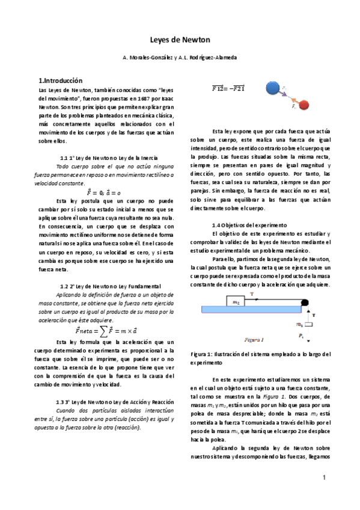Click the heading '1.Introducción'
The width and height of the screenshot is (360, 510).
click(60, 80)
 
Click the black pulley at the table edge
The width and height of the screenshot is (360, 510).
click(306, 302)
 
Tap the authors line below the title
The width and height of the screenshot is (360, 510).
click(180, 57)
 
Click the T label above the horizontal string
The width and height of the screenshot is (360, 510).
click(252, 294)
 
